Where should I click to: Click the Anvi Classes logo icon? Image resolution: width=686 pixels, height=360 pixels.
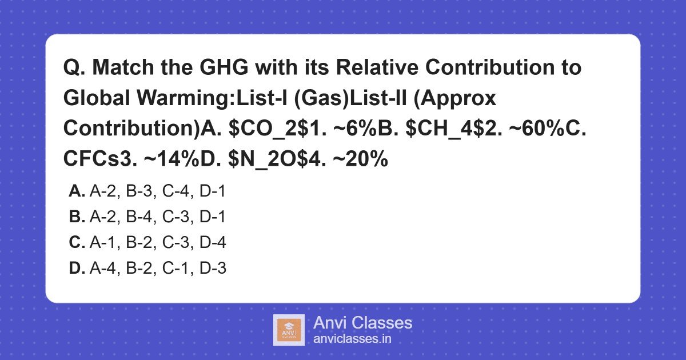(289, 330)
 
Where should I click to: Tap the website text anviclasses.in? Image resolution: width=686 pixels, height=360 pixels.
(352, 339)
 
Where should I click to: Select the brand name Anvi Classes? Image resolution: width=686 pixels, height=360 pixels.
(362, 323)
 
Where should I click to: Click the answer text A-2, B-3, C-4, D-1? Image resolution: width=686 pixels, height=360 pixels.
(158, 191)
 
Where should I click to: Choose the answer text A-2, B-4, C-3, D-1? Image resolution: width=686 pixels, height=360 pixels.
(158, 217)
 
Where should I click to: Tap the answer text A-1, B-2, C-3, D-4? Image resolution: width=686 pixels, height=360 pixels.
(158, 243)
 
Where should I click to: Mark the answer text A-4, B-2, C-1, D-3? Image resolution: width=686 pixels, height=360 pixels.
(158, 268)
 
